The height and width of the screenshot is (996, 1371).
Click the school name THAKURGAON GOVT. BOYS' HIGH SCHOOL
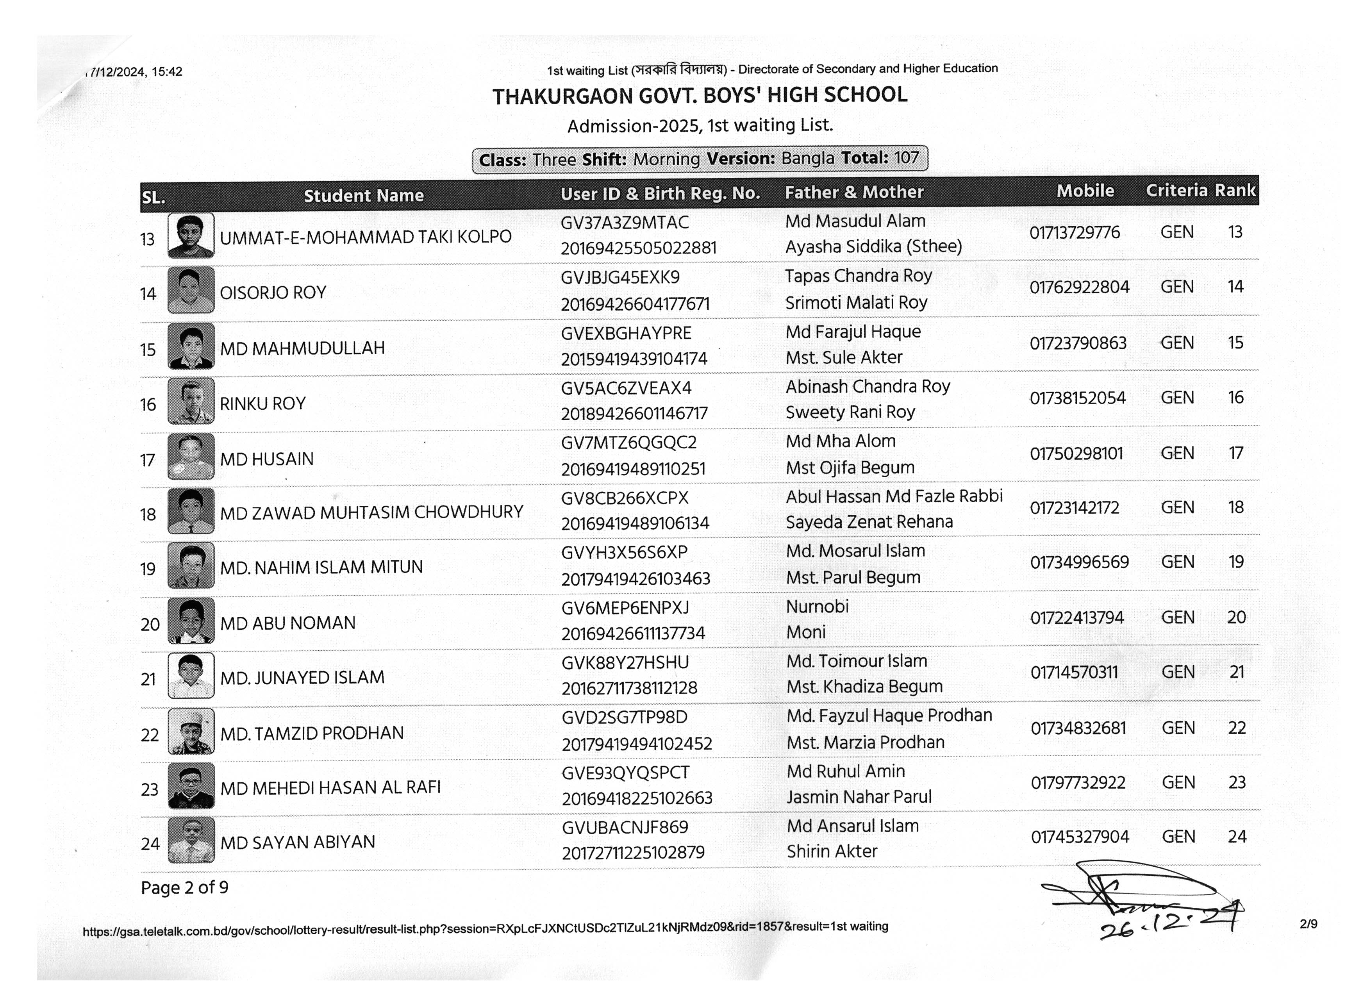pyautogui.click(x=700, y=95)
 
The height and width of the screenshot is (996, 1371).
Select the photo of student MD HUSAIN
pyautogui.click(x=191, y=456)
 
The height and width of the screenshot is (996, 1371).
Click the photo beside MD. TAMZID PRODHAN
pyautogui.click(x=191, y=731)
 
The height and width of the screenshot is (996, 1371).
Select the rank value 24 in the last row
pyautogui.click(x=1237, y=837)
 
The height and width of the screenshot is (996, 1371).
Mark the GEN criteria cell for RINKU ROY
pyautogui.click(x=1177, y=398)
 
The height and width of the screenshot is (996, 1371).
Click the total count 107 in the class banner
pyautogui.click(x=906, y=158)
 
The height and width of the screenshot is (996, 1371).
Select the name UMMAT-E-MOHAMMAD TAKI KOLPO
pyautogui.click(x=365, y=237)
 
